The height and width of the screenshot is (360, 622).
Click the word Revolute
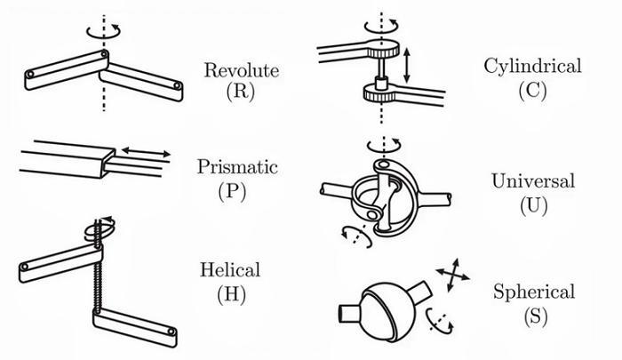241,70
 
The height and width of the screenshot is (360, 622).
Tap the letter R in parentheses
241,91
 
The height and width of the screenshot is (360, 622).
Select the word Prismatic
237,167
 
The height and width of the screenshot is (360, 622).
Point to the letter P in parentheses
232,191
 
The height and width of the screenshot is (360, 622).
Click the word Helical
230,269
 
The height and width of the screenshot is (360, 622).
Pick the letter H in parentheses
231,294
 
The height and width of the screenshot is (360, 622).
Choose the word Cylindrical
532,67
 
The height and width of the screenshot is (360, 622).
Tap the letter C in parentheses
532,90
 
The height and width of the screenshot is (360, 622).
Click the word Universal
533,181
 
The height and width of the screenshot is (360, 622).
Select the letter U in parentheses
533,205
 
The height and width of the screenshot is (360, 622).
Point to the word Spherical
534,292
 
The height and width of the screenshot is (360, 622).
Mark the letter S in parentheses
535,316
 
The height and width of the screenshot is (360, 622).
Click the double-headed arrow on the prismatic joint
146,152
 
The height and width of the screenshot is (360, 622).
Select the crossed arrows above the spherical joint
452,275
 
